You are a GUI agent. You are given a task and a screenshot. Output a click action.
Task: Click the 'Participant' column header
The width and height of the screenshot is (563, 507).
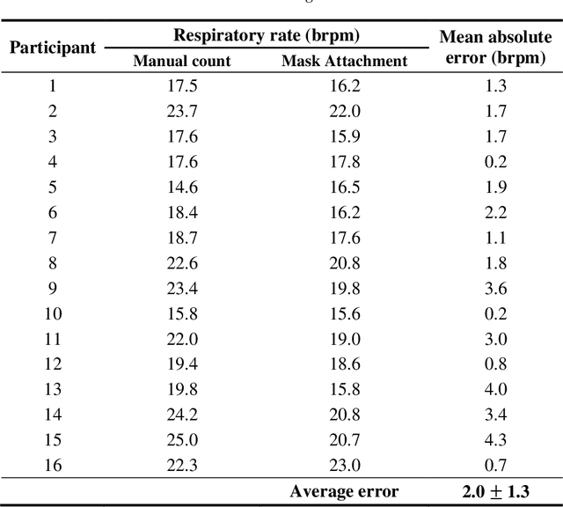click(x=53, y=48)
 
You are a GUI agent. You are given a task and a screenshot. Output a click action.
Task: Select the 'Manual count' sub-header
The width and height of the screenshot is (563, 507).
click(x=182, y=62)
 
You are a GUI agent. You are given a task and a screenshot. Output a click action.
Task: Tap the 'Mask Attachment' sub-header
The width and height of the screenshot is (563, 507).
click(x=344, y=62)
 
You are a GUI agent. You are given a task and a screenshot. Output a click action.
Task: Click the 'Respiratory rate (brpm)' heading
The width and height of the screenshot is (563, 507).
click(x=267, y=36)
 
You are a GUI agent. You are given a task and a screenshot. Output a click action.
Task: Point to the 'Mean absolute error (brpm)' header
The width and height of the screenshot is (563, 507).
click(x=495, y=48)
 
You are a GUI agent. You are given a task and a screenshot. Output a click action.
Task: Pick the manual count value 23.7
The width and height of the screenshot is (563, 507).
click(x=182, y=112)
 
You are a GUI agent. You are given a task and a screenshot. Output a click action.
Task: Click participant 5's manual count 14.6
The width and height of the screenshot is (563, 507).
click(x=182, y=187)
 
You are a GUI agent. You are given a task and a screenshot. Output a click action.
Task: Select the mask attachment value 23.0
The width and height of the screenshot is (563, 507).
click(x=344, y=466)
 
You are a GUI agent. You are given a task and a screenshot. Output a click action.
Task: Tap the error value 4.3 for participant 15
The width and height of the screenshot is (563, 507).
click(x=495, y=440)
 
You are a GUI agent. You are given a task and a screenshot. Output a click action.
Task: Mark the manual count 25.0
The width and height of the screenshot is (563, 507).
click(x=182, y=440)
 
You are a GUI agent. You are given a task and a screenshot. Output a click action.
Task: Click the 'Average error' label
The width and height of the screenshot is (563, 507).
click(x=344, y=492)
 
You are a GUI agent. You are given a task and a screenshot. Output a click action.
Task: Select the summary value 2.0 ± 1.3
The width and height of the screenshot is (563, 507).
click(x=495, y=492)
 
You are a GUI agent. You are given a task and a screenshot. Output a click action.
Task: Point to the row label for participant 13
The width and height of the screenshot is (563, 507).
click(x=52, y=390)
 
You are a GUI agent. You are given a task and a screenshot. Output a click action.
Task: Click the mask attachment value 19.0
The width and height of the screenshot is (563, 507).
click(x=344, y=340)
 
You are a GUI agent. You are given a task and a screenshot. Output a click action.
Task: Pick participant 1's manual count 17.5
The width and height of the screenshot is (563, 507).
click(x=182, y=86)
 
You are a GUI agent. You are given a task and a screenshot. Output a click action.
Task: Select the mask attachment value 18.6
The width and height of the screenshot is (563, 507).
click(x=344, y=364)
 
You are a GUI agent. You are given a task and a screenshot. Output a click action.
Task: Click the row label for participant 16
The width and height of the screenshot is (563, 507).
click(x=52, y=466)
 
